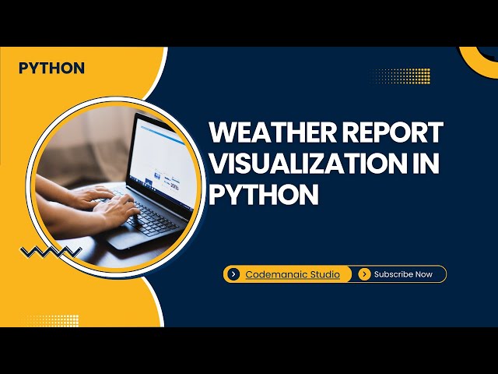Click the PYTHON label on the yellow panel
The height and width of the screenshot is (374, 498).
point(51,68)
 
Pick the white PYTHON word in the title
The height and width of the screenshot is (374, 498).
point(265,195)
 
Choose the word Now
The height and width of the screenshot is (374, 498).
point(424,274)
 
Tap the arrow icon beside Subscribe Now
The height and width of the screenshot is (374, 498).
point(364,274)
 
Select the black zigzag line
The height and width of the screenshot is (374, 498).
point(51,251)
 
